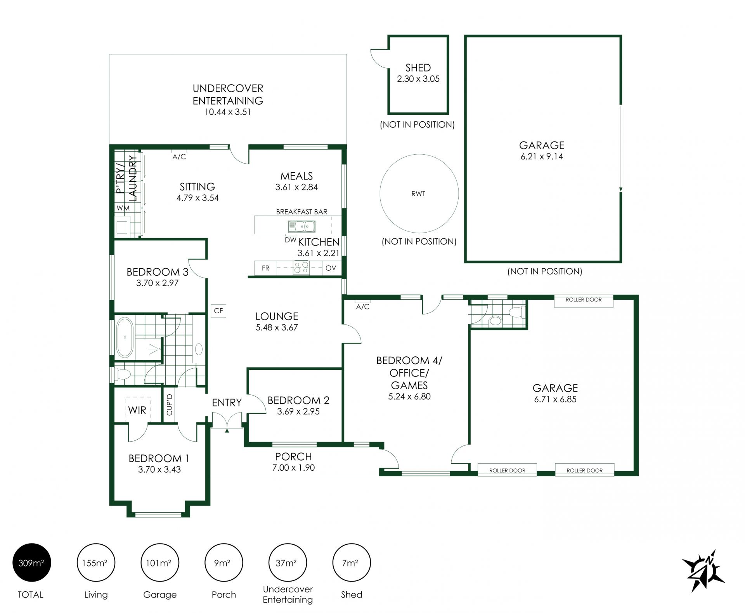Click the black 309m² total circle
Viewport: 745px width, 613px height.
[31, 562]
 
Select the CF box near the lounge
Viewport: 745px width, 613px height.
[218, 311]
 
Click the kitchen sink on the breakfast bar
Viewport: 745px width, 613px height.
[301, 226]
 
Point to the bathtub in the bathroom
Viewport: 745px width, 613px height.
[125, 337]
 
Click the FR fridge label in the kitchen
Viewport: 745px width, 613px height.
[265, 268]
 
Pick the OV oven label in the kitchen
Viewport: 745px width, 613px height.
[331, 268]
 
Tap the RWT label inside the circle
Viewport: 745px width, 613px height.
[418, 193]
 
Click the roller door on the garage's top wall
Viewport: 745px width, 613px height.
[584, 301]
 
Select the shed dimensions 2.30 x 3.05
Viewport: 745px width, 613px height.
[418, 79]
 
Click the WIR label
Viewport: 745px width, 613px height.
[137, 410]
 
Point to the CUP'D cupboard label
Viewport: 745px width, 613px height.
[169, 405]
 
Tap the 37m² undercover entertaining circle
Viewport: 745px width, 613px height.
[288, 562]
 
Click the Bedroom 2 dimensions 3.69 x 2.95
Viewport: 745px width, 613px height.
[298, 411]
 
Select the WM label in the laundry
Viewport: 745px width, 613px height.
[123, 208]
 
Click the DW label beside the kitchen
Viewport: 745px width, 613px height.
[290, 240]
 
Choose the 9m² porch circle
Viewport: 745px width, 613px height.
[223, 562]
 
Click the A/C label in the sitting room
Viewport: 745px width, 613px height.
[179, 157]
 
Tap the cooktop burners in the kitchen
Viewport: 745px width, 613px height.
[301, 268]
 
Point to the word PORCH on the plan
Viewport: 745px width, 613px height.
[293, 457]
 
